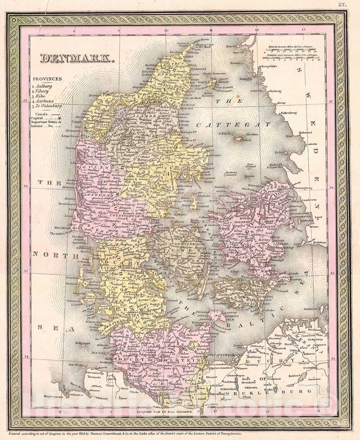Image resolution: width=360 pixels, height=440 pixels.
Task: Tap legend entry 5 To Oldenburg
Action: click(47, 106)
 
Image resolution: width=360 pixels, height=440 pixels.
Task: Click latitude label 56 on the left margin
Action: click(25, 186)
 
